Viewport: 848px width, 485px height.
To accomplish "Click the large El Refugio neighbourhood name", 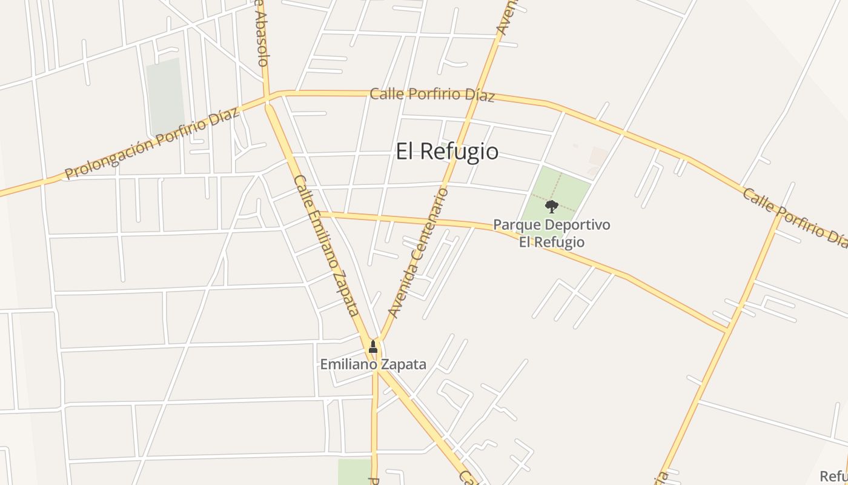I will [447, 152].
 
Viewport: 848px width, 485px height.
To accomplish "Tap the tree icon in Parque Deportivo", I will [551, 207].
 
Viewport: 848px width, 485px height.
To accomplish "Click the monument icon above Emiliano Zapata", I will [373, 347].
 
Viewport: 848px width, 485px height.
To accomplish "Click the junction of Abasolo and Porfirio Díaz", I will [267, 98].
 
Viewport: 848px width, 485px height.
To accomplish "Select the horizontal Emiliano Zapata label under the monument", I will [373, 365].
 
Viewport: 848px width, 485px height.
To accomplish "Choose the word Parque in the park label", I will [517, 225].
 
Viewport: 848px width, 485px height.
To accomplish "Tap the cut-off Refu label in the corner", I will [833, 476].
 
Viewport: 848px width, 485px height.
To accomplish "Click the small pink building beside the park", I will [598, 156].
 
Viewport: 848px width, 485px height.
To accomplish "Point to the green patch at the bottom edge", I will [354, 471].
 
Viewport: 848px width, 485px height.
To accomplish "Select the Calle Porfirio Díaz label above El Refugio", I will [432, 95].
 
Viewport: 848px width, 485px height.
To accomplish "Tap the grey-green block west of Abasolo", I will [165, 94].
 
